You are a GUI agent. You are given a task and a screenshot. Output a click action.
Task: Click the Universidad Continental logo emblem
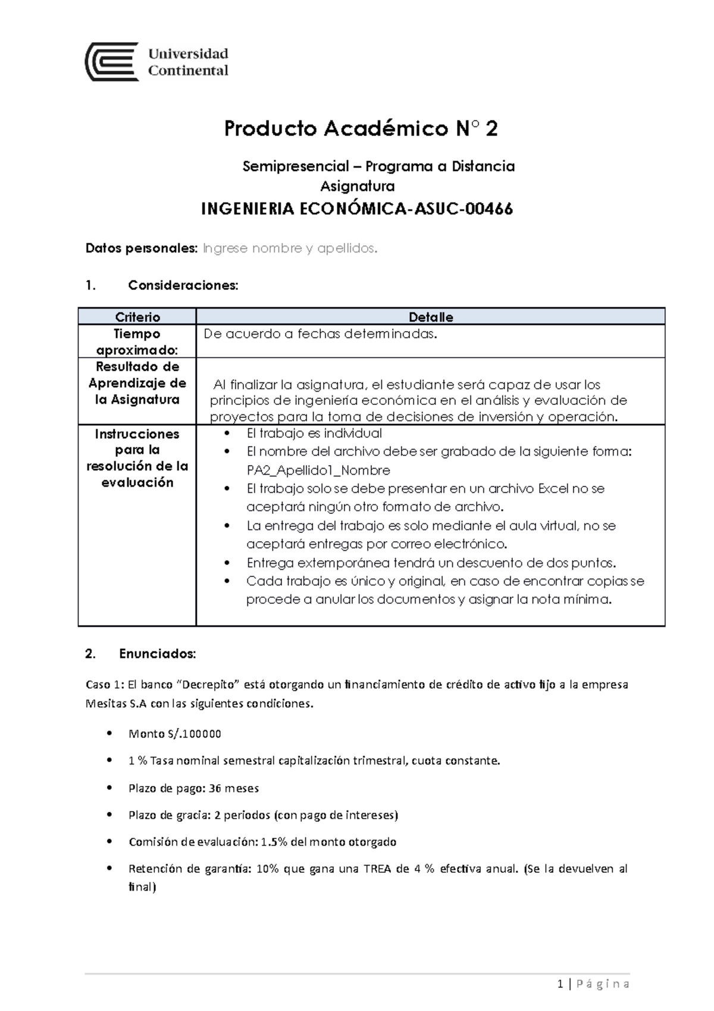(112, 61)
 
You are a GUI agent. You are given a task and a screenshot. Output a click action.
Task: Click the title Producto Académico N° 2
(361, 129)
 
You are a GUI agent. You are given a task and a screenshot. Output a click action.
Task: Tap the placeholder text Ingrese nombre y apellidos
(290, 248)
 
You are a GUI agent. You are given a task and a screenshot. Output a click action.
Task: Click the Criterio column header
(137, 317)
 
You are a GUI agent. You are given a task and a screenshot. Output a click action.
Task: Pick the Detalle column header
(431, 317)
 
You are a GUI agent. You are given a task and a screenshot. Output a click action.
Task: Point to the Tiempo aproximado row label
(137, 342)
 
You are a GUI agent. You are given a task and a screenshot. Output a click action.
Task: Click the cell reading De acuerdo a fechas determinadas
(320, 334)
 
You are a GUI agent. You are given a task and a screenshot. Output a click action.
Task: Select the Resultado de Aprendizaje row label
(137, 383)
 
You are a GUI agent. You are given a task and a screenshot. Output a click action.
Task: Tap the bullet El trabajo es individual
(314, 433)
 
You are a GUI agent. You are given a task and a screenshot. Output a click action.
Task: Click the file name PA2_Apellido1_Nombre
(318, 470)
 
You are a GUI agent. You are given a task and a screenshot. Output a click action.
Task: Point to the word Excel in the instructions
(553, 489)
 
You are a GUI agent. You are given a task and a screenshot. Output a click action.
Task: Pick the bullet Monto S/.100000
(174, 734)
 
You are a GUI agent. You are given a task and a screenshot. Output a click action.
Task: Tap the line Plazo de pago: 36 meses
(193, 788)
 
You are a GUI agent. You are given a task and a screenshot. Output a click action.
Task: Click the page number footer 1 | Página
(594, 984)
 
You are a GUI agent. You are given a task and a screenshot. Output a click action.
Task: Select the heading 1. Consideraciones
(161, 285)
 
